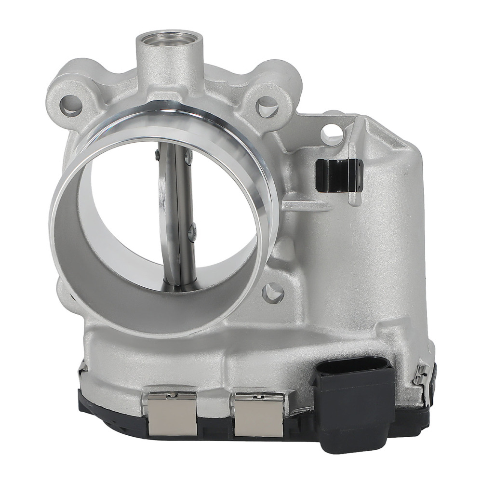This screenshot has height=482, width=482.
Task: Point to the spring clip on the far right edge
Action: [x=422, y=374]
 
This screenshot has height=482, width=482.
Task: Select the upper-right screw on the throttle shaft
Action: [x=188, y=155]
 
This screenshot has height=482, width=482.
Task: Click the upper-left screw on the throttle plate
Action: [x=157, y=154]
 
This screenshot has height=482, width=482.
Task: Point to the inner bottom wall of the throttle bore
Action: [x=159, y=308]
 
